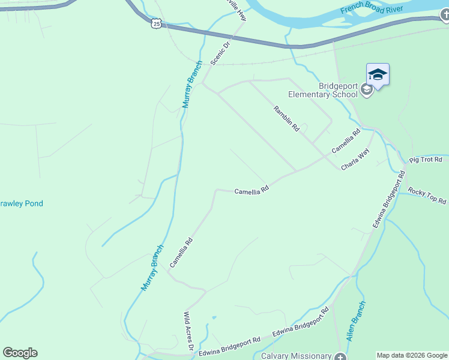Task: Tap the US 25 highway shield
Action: [x=156, y=23]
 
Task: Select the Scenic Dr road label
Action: [x=220, y=53]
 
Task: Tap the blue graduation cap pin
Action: [x=378, y=75]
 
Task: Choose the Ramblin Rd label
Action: [x=286, y=118]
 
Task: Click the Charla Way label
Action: [x=355, y=160]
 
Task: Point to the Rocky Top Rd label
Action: [x=427, y=196]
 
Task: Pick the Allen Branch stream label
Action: [x=355, y=322]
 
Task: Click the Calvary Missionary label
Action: [x=297, y=356]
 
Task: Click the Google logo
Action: [x=20, y=353]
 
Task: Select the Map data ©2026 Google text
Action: [x=411, y=355]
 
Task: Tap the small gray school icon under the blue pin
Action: [x=366, y=91]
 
